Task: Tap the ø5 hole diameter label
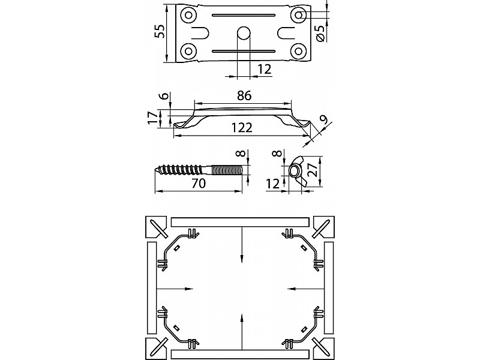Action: point(320,34)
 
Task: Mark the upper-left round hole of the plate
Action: point(188,15)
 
